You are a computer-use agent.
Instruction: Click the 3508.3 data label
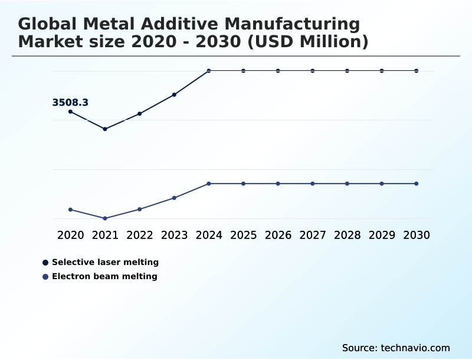coord(70,103)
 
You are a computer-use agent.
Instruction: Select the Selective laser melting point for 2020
coord(71,112)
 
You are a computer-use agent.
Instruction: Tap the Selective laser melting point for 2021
coord(105,129)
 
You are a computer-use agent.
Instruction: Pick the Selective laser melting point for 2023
coord(174,94)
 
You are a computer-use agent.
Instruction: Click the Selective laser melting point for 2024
coord(209,71)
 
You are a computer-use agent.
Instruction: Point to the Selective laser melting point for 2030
coord(417,71)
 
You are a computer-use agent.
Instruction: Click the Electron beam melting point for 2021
coord(105,218)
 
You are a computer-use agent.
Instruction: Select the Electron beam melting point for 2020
coord(71,210)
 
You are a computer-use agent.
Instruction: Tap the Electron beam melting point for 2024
coord(209,184)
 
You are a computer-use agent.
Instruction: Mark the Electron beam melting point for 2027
coord(313,184)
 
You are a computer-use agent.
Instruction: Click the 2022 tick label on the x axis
coord(140,235)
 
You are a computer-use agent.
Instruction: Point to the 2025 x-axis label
coord(243,235)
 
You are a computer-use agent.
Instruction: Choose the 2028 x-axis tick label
coord(347,235)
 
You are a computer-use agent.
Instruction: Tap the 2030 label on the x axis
coord(417,235)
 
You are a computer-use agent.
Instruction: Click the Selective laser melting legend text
coord(105,262)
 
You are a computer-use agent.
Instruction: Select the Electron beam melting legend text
coord(104,276)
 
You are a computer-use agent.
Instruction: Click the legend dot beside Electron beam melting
coord(45,276)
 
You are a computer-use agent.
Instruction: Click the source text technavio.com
coord(415,348)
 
